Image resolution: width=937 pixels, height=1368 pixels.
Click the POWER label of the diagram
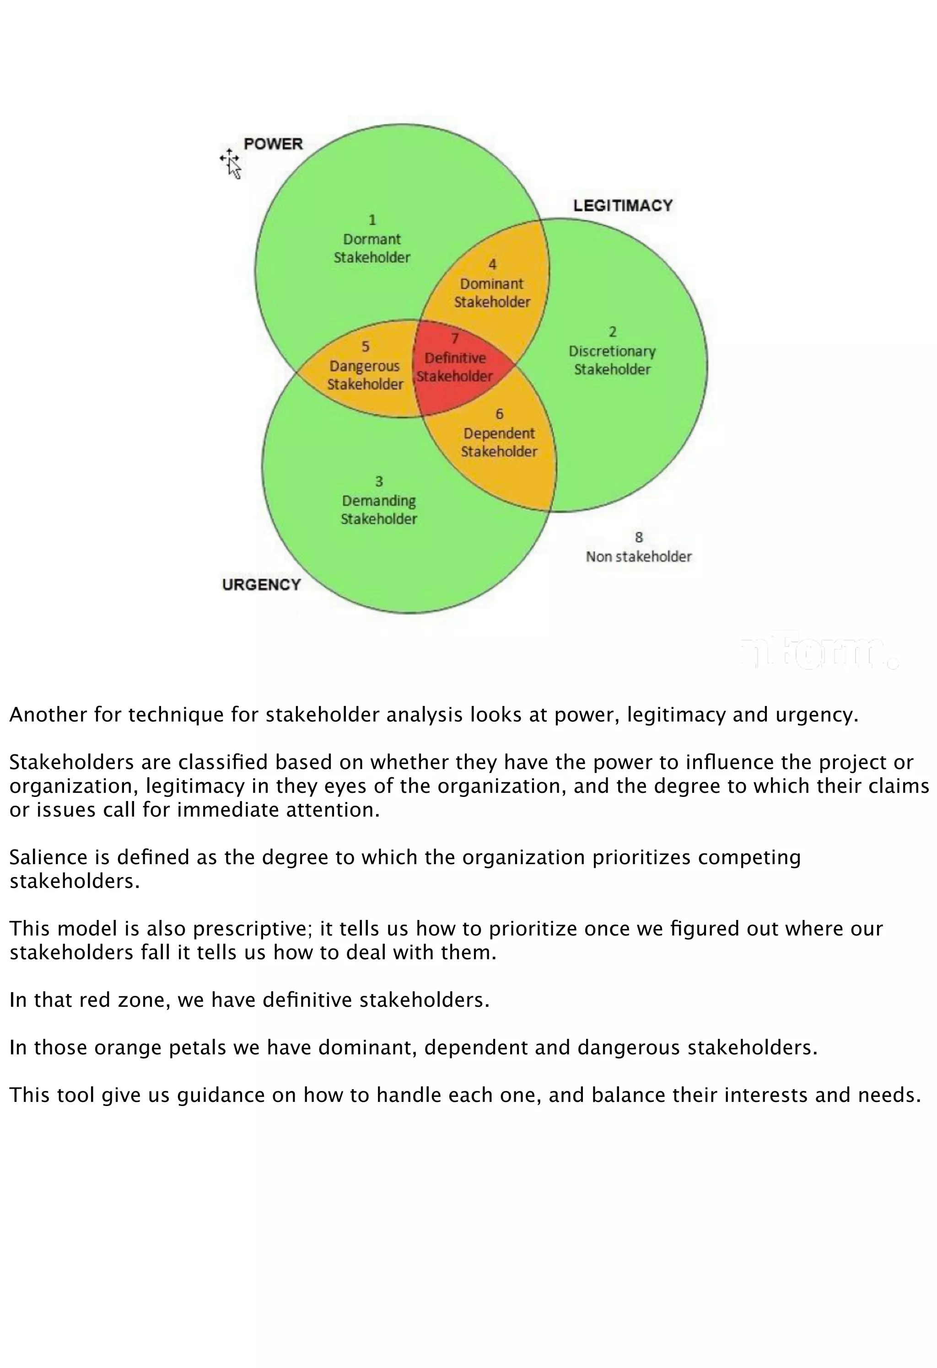[273, 144]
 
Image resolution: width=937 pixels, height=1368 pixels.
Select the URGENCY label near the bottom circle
[262, 584]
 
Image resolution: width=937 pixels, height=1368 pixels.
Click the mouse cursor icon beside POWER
[232, 164]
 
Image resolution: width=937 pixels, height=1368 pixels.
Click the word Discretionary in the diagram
[612, 352]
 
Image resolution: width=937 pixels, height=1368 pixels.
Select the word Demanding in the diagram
[379, 501]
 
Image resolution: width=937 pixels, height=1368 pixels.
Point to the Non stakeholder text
[638, 556]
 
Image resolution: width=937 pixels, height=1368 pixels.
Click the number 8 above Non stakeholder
[638, 537]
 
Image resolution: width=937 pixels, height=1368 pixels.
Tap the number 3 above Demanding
[379, 481]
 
